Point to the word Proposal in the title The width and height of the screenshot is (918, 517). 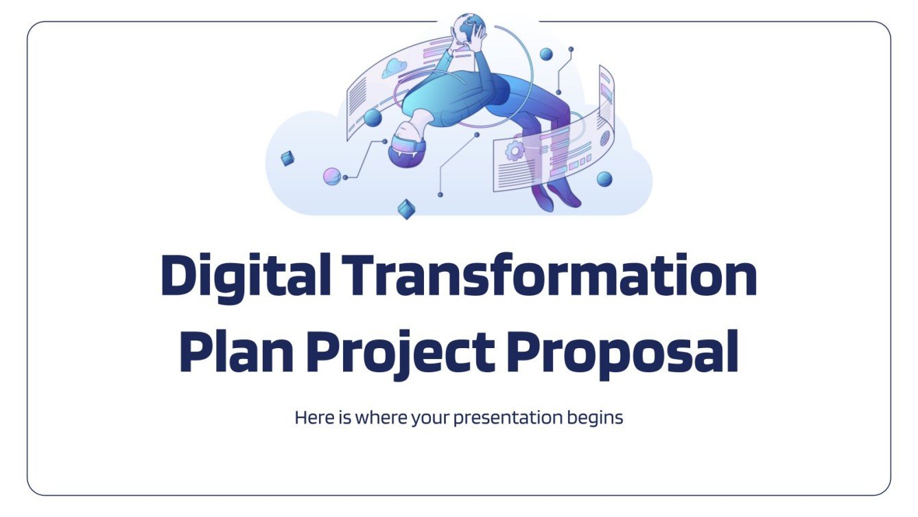pos(624,352)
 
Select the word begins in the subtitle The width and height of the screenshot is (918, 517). pos(596,417)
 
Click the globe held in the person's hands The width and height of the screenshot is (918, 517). pos(469,27)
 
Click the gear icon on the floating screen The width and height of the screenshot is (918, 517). pos(514,150)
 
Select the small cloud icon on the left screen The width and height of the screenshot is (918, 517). pos(395,67)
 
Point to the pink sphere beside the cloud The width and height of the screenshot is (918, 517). pos(332,176)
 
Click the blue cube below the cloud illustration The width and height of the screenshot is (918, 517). pos(407,209)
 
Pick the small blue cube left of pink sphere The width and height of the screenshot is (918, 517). pos(287,159)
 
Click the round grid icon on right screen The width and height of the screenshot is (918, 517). pos(604,138)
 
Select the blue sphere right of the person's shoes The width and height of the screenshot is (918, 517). pos(604,179)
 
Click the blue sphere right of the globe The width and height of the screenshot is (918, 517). pos(546,54)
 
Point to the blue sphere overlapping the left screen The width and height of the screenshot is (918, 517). pos(373,117)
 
